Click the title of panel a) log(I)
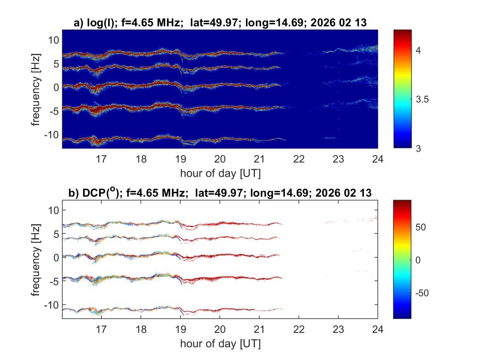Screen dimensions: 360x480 (x=220, y=23)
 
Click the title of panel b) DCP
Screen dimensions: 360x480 (x=220, y=193)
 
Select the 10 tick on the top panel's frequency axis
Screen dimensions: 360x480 (x=53, y=39)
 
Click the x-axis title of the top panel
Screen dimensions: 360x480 (x=220, y=173)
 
